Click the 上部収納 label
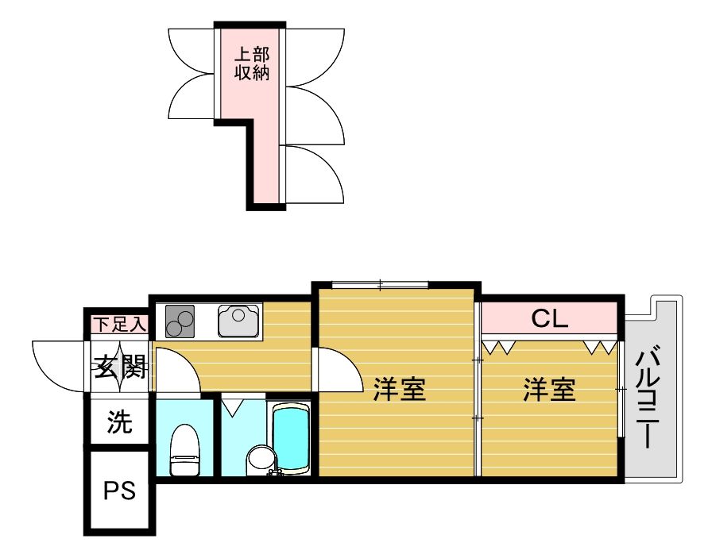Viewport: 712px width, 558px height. pyautogui.click(x=251, y=64)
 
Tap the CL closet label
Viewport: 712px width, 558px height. pyautogui.click(x=549, y=319)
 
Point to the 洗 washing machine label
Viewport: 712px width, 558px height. pyautogui.click(x=119, y=423)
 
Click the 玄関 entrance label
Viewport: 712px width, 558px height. pyautogui.click(x=120, y=368)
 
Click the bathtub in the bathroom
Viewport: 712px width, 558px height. pyautogui.click(x=290, y=439)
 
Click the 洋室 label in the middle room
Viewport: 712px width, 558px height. pyautogui.click(x=399, y=389)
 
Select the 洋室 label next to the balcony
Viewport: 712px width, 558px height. pyautogui.click(x=549, y=389)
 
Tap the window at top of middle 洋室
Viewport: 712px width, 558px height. pyautogui.click(x=380, y=283)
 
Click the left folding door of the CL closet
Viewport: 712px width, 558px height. pyautogui.click(x=498, y=346)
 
